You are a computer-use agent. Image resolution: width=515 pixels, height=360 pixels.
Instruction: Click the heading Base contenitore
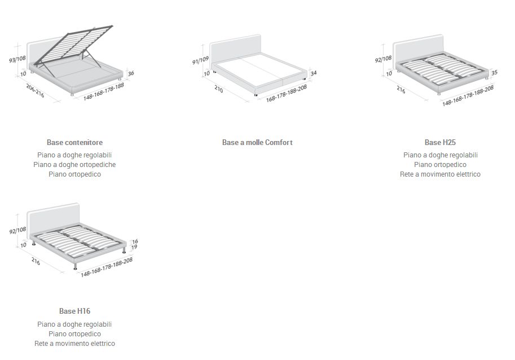[x=74, y=143]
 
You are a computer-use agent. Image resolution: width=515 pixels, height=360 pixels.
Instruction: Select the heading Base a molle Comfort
[x=257, y=143]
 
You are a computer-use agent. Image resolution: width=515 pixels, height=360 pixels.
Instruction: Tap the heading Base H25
[x=440, y=143]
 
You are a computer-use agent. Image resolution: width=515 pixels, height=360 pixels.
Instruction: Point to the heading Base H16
[x=74, y=311]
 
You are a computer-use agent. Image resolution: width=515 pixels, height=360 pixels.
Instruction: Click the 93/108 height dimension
[x=17, y=59]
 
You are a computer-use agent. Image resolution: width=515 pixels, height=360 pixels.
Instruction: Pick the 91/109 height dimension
[x=200, y=59]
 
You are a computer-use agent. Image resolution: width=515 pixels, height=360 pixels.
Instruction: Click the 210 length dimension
[x=218, y=89]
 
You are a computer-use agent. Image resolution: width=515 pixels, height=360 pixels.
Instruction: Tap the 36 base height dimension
[x=131, y=73]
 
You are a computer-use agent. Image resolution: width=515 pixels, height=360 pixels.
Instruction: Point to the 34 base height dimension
[x=314, y=73]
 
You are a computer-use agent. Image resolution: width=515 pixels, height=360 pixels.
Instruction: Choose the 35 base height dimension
[x=494, y=73]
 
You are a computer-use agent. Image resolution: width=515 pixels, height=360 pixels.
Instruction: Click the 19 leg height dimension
[x=135, y=247]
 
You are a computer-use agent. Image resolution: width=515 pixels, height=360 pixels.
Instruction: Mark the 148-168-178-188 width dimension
[x=104, y=91]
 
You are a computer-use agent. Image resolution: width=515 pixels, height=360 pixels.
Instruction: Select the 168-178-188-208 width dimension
[x=287, y=93]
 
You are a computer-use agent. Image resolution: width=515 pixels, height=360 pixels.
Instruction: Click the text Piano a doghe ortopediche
[x=74, y=165]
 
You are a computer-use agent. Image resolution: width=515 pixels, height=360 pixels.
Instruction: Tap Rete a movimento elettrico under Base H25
[x=440, y=174]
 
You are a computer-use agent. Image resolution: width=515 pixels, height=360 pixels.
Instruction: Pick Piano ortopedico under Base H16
[x=74, y=334]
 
